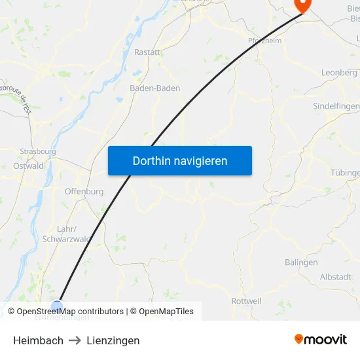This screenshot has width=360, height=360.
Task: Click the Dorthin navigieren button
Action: coord(180,161)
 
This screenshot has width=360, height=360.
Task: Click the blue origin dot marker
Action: coord(57,306)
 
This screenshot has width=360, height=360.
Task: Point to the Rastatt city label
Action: coord(147,52)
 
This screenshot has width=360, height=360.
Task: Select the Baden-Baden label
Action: coord(154,88)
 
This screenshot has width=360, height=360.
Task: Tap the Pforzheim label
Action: coord(264,41)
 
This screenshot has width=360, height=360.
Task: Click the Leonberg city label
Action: coord(339,73)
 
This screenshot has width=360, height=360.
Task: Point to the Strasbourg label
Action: coord(38,151)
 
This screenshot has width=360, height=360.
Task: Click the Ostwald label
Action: coord(28,166)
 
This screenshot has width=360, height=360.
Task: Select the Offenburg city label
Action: coord(84,192)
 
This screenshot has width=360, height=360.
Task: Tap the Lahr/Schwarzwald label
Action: coord(66,234)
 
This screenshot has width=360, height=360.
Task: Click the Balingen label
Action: coord(301,262)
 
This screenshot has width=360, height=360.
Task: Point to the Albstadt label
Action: coord(335,277)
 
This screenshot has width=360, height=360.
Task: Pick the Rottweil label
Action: coord(247,301)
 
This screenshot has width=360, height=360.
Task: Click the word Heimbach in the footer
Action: coord(39,340)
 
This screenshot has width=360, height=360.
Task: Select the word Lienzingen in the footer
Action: coord(113,340)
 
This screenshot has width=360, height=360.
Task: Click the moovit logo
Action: coord(321,339)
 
